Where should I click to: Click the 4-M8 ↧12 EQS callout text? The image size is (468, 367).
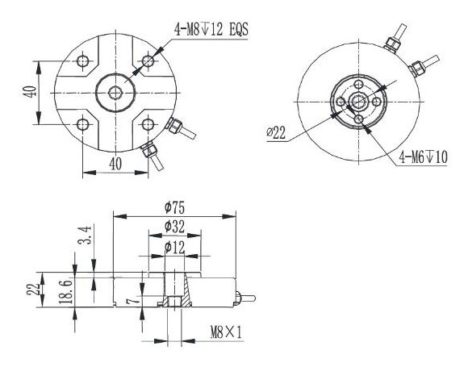coord(211,30)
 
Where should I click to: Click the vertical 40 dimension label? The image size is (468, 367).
coord(31,92)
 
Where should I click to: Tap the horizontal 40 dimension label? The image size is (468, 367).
coord(115,164)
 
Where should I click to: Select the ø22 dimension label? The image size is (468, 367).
coord(276,133)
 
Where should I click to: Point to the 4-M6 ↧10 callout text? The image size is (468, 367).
coord(424,157)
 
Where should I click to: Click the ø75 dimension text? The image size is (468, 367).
coord(175,208)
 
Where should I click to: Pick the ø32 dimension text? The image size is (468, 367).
coord(175,227)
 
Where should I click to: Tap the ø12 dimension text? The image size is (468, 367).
coord(175,248)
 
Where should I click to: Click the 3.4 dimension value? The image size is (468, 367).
coord(85,235)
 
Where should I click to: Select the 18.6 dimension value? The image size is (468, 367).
coord(65,291)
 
